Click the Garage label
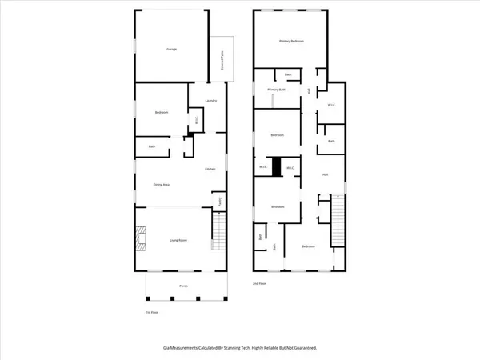(x=171, y=50)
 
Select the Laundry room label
(x=211, y=101)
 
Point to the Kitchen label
(x=210, y=169)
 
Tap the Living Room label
(x=177, y=239)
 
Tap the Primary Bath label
(x=277, y=90)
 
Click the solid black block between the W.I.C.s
(x=277, y=166)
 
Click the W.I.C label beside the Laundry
(x=196, y=122)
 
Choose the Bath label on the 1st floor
(x=151, y=146)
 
